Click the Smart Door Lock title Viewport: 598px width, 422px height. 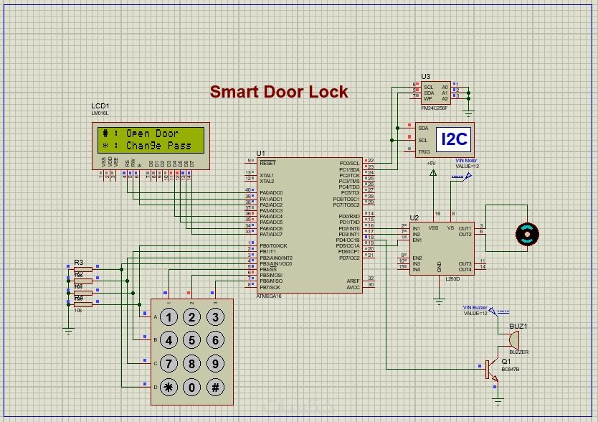tap(279, 92)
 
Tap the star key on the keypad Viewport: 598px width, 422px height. tap(169, 388)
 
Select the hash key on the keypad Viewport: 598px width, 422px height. tap(214, 388)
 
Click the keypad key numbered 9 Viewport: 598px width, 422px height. tap(214, 365)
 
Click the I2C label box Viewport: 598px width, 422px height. tap(453, 140)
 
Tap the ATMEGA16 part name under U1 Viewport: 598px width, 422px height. tap(270, 296)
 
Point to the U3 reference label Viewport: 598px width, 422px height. tap(426, 76)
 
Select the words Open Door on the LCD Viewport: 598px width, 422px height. tap(152, 133)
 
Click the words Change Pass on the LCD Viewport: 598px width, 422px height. tap(158, 146)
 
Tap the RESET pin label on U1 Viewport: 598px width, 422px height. tap(267, 163)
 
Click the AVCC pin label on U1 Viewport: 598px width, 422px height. tap(353, 287)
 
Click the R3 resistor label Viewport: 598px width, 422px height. tap(79, 262)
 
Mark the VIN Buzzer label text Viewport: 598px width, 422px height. tap(475, 307)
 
